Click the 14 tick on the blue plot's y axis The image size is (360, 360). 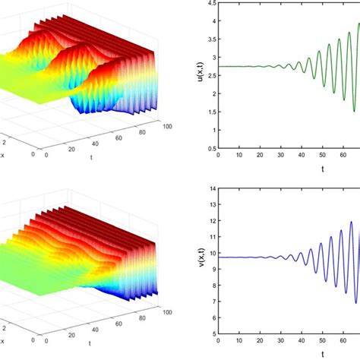click(211, 188)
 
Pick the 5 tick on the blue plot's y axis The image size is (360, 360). click(213, 354)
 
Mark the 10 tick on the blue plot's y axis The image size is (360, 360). click(211, 262)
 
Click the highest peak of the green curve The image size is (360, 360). click(358, 24)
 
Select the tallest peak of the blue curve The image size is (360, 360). click(351, 222)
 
